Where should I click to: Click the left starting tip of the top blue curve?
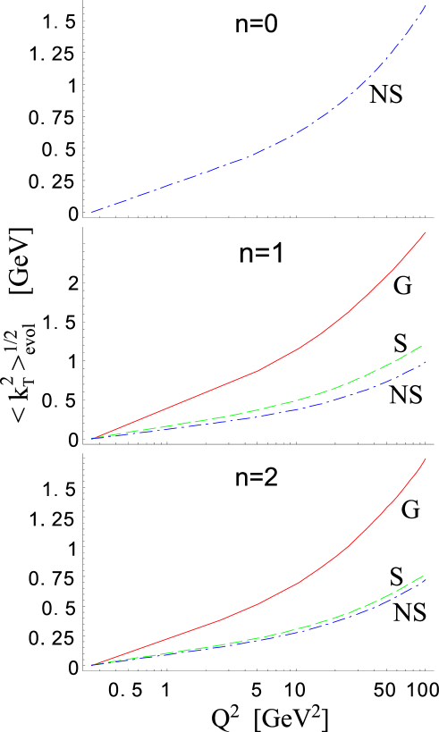91,212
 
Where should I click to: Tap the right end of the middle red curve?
426,232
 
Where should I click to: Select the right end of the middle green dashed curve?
422,345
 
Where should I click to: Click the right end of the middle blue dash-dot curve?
426,362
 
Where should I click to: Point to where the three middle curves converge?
92,438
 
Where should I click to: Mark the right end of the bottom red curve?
426,459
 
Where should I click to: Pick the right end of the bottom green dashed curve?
422,575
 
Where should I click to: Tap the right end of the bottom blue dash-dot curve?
426,578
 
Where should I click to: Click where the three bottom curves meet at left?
92,665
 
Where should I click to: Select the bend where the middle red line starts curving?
258,370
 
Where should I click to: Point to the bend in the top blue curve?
258,152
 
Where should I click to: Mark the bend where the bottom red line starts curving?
219,620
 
